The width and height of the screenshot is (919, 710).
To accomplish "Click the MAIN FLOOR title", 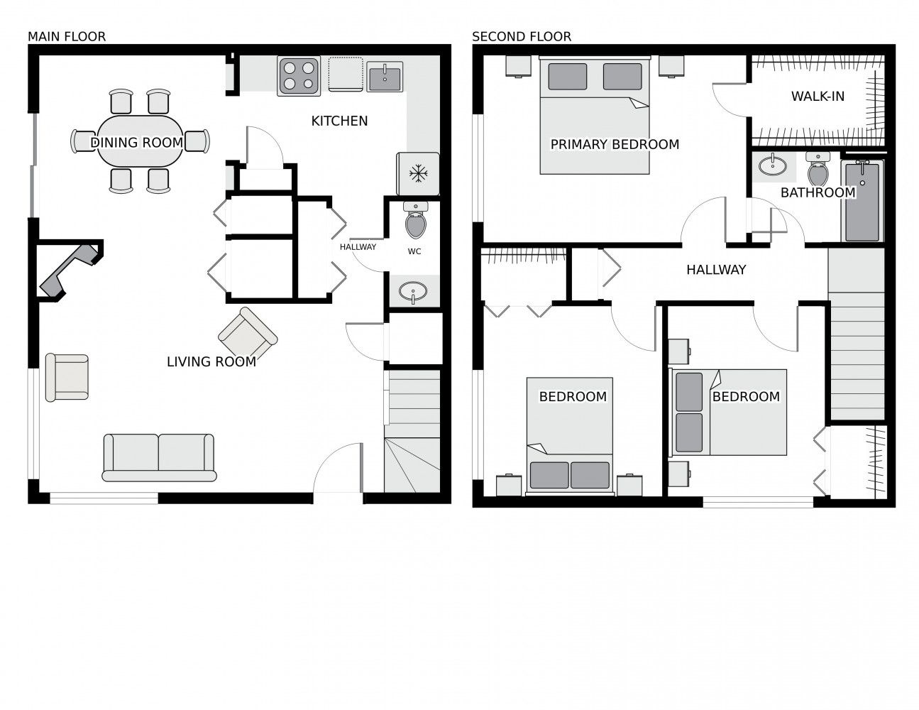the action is pos(67,37).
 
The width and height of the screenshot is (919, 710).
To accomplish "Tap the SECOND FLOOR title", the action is pos(522,37).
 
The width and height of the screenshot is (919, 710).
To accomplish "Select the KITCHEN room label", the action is pos(339,121).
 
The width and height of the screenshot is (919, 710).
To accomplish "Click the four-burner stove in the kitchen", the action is pos(299,76).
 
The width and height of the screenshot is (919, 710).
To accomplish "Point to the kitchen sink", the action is pos(385,76).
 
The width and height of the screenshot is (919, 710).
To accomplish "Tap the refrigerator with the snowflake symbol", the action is pos(417,174).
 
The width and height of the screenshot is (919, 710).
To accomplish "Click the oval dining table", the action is pos(141,141).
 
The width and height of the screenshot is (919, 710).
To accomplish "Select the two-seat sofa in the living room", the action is pos(159,457).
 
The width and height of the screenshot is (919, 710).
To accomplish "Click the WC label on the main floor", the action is pos(414,251).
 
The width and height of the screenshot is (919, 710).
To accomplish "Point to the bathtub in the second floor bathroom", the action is pos(862,202).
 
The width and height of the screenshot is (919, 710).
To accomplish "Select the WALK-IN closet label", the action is pos(818,97).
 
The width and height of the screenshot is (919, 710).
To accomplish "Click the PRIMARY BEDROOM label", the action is pos(615,145).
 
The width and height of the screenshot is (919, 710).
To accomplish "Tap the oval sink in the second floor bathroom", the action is pos(772,165).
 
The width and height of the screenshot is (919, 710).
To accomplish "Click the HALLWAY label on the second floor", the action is pos(716,270).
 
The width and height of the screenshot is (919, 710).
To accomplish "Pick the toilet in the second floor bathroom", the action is pos(818,169).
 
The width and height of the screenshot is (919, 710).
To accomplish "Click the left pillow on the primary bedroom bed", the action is pos(567,77).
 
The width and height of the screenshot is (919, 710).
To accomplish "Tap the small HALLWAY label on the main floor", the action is pos(358,247).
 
